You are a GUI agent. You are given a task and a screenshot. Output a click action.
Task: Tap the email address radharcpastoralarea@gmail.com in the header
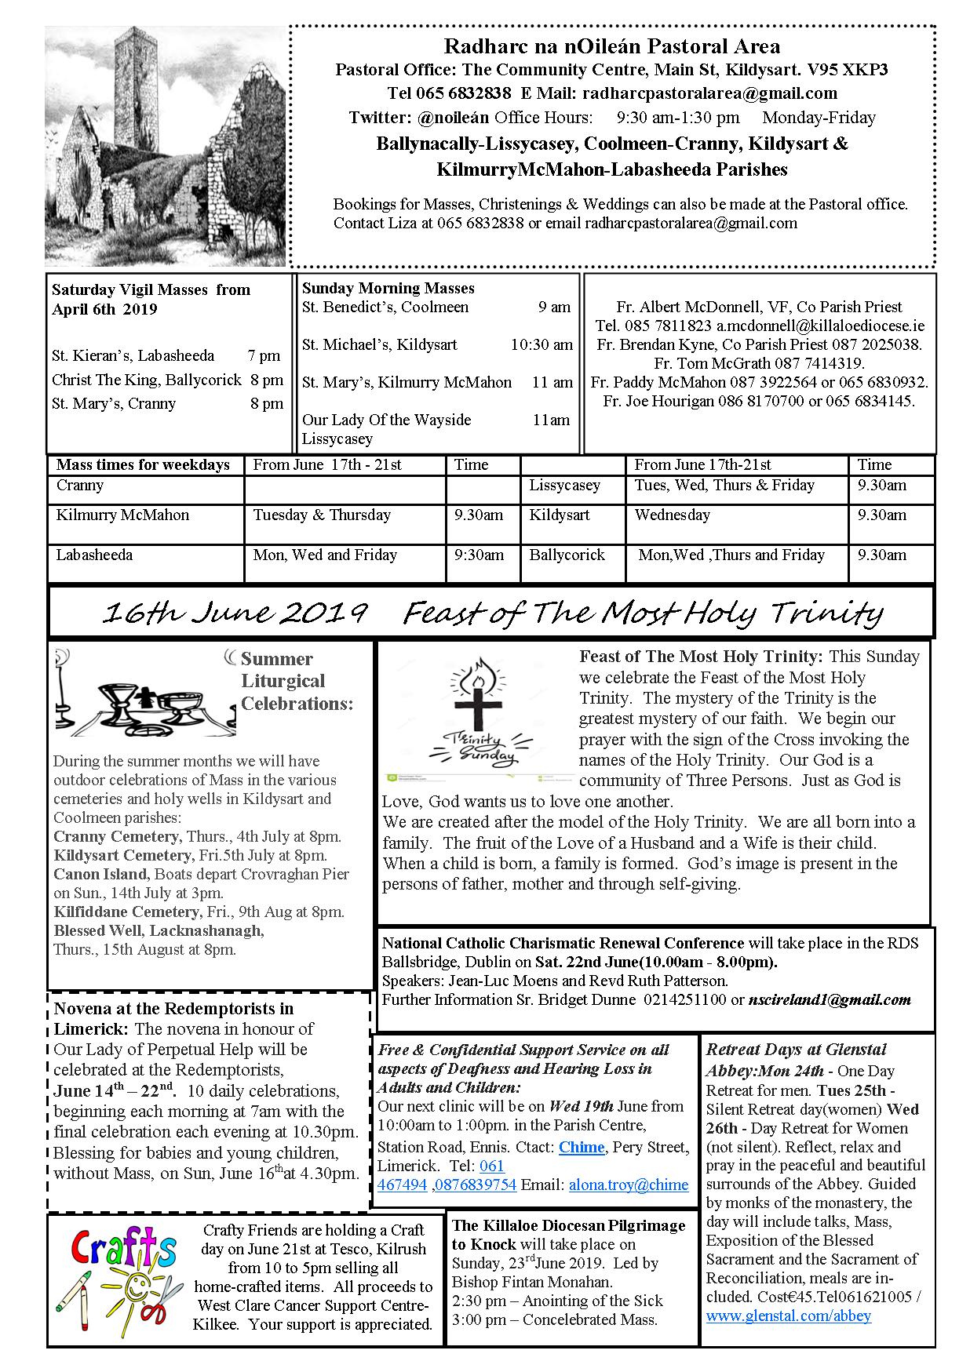click(x=709, y=94)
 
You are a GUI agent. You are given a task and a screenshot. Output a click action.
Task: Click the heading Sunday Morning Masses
click(x=388, y=288)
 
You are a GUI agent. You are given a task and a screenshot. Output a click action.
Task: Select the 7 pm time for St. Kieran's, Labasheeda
click(x=264, y=355)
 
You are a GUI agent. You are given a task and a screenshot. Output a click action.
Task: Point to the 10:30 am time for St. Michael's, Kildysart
click(x=542, y=344)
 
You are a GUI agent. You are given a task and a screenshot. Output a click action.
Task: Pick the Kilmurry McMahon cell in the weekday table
click(x=122, y=515)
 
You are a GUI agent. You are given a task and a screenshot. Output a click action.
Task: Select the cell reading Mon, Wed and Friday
click(x=325, y=555)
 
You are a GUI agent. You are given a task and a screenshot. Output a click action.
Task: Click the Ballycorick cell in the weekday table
click(x=567, y=555)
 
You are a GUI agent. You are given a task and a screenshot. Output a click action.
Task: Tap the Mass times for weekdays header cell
click(x=143, y=465)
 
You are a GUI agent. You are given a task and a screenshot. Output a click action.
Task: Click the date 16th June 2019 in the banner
click(x=235, y=613)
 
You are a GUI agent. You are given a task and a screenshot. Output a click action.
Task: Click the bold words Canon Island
click(x=100, y=874)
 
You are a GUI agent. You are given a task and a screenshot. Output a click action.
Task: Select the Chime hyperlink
click(x=582, y=1148)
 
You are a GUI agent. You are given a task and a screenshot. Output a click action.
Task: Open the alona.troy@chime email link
click(x=629, y=1185)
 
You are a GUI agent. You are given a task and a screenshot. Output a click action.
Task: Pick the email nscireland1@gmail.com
click(x=830, y=999)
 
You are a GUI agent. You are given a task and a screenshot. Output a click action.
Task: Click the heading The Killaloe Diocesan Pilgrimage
click(x=568, y=1225)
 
